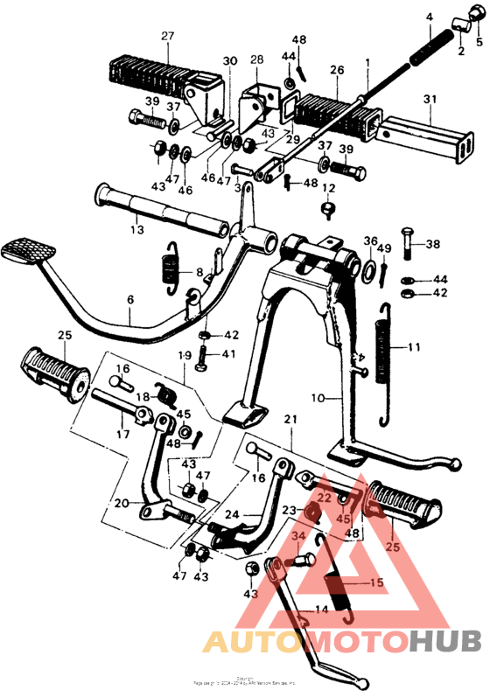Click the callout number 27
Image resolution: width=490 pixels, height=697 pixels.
click(x=168, y=35)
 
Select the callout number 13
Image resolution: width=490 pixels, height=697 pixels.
click(x=136, y=229)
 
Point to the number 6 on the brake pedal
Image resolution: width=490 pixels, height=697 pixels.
click(x=130, y=299)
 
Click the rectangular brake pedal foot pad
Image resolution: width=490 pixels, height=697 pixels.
click(x=25, y=251)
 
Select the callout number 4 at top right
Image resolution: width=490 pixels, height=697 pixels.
click(x=430, y=17)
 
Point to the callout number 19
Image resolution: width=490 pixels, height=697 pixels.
click(x=185, y=356)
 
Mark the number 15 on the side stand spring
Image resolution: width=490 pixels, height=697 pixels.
click(x=376, y=582)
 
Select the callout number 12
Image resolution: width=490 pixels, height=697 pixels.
click(x=329, y=188)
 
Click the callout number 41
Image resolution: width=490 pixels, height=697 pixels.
click(x=229, y=354)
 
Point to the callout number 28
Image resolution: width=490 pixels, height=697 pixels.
click(x=256, y=59)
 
